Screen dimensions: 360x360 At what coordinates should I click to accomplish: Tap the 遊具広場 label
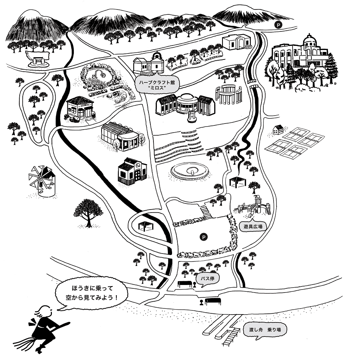click(x=253, y=226)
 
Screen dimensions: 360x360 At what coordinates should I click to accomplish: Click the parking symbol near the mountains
click(x=279, y=25)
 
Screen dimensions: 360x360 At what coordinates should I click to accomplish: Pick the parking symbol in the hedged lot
click(x=204, y=237)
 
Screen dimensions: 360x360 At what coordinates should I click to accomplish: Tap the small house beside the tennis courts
click(x=279, y=130)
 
